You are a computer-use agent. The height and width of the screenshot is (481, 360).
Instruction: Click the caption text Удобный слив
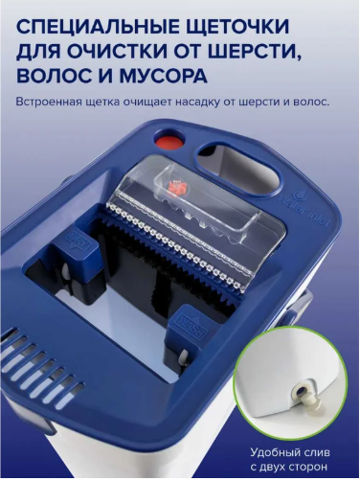[290, 452]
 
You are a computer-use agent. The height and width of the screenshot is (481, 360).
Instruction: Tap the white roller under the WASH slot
[183, 358]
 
